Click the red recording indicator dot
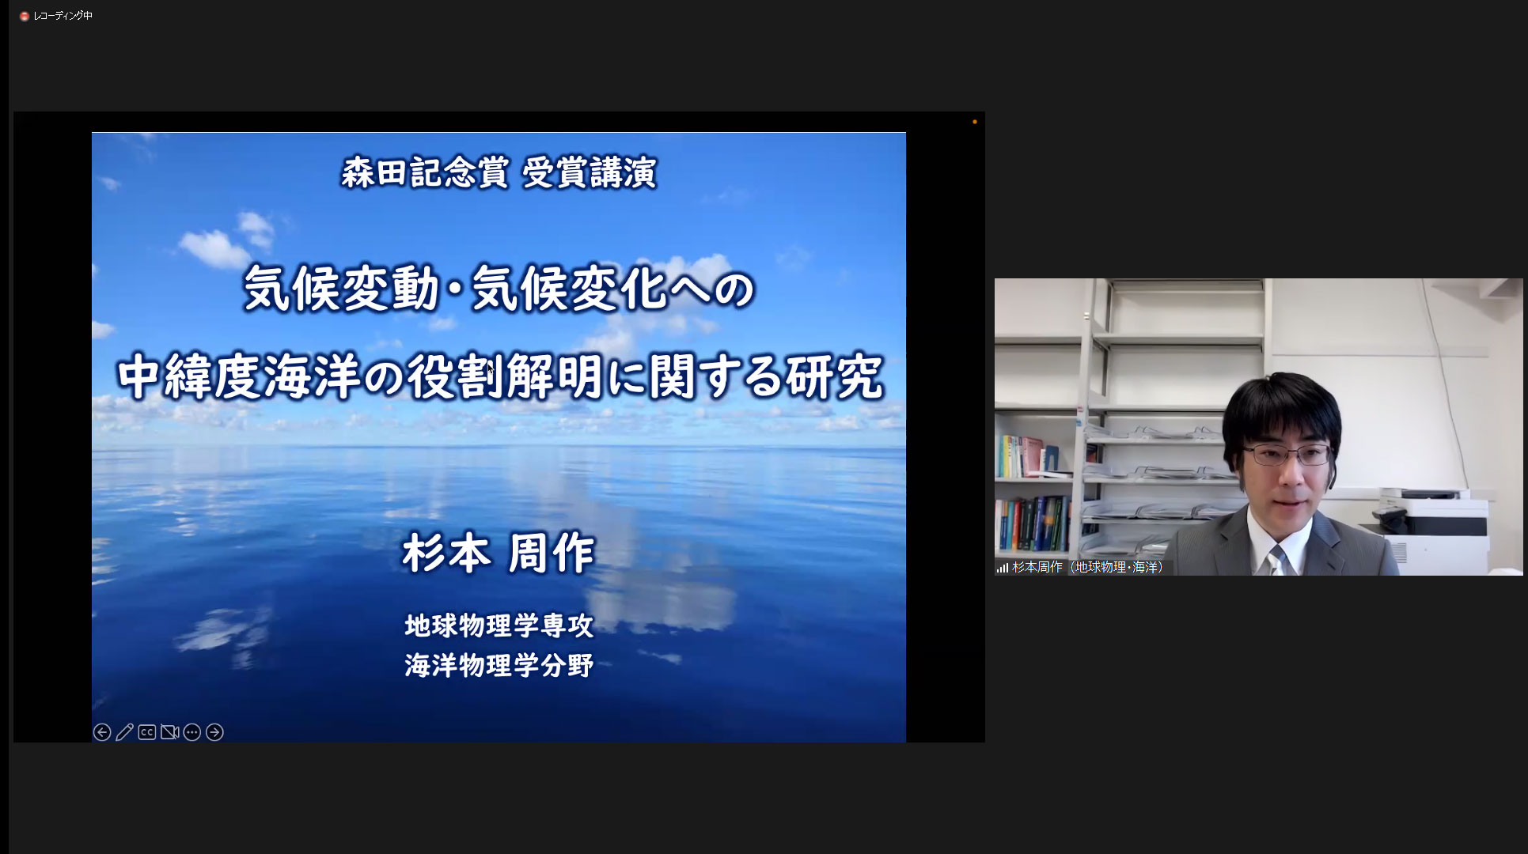click(25, 16)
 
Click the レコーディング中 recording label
click(63, 16)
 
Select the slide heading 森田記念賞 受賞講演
click(499, 172)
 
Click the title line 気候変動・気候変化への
click(499, 288)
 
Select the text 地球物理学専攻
click(499, 625)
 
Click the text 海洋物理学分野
click(499, 665)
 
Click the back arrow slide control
click(102, 732)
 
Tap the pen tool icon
click(124, 732)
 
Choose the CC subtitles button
click(147, 732)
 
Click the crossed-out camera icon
click(169, 732)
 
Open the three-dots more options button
click(191, 732)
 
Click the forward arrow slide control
click(214, 732)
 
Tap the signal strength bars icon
click(1003, 568)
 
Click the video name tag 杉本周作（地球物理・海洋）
click(1088, 568)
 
